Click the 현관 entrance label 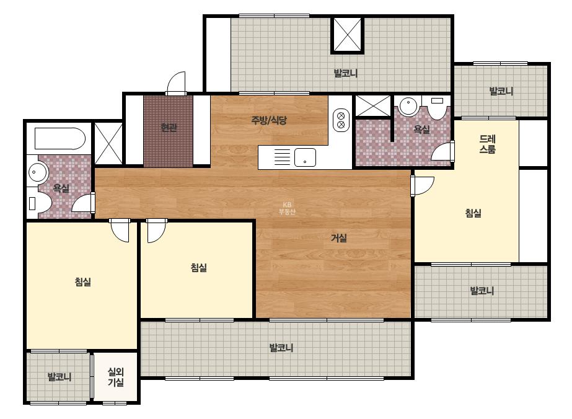(169, 128)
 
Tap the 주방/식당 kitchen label (269, 120)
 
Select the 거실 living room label (338, 238)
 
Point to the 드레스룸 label (487, 144)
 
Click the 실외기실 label (116, 377)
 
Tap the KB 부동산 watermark (287, 208)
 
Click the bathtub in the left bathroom (59, 139)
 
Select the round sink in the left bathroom (37, 172)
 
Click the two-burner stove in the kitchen (341, 120)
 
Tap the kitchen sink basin (305, 157)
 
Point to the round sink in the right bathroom (408, 106)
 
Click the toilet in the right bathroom (437, 107)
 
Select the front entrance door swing (176, 83)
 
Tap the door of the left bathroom (84, 203)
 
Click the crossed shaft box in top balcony (347, 35)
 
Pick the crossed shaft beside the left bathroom (108, 144)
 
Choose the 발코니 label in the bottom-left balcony (59, 377)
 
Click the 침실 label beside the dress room (473, 213)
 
